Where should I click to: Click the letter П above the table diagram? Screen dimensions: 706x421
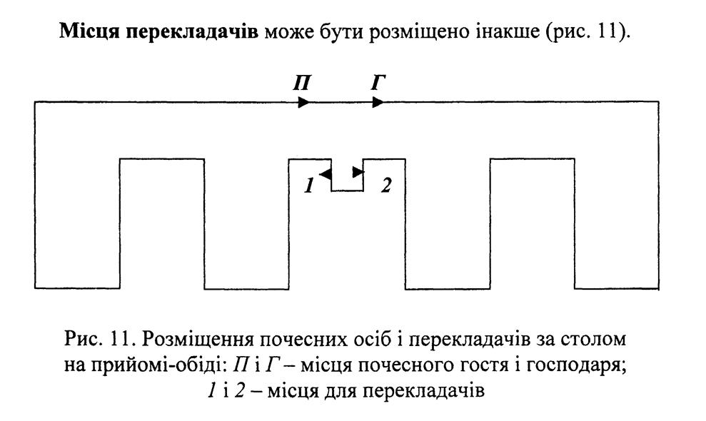301,82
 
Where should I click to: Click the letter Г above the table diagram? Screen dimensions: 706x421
378,82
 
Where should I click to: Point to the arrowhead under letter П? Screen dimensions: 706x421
303,103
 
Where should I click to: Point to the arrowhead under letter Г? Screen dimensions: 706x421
377,103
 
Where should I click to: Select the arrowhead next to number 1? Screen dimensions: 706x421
325,173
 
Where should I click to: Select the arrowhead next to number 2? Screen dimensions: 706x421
358,173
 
